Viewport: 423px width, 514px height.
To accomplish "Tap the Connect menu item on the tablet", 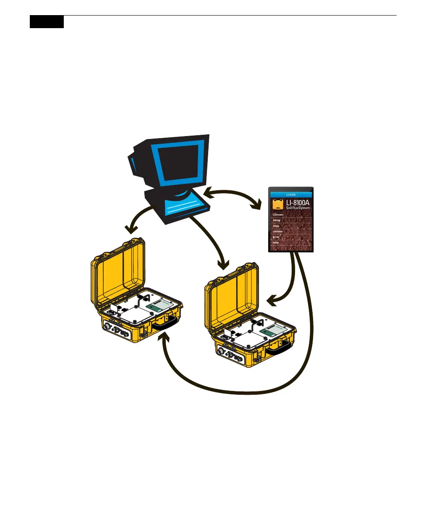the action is [x=279, y=215].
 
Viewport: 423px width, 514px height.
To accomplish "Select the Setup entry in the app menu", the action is [x=277, y=220].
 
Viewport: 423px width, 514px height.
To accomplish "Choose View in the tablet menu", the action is [x=277, y=226].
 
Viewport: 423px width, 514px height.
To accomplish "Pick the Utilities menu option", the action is [x=278, y=231].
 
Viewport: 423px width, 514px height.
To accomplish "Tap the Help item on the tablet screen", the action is [x=276, y=243].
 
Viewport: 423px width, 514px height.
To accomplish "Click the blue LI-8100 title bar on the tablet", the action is [x=291, y=195].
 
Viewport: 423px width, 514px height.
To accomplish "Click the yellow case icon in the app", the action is [x=277, y=205].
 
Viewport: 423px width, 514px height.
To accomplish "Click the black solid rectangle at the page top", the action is [x=47, y=22].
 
